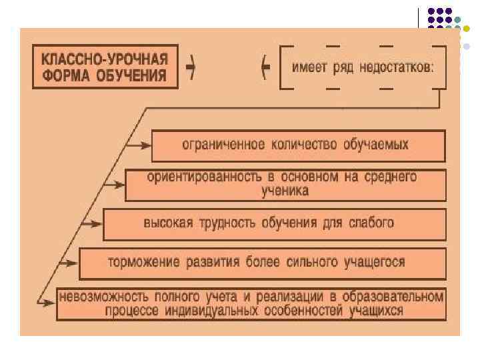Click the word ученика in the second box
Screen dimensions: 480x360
coord(285,190)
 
